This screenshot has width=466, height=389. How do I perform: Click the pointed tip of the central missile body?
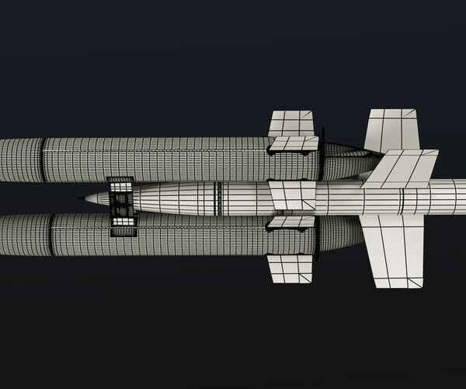pos(82,198)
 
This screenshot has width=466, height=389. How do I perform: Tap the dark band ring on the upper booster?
pos(43,159)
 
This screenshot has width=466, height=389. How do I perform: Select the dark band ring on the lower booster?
pos(50,235)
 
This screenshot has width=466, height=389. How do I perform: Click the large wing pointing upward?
pos(391,128)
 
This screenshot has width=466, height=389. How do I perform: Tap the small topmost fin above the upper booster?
pos(291,122)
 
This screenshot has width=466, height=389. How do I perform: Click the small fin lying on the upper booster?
pos(294,144)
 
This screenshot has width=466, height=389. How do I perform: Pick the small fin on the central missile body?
pos(291,194)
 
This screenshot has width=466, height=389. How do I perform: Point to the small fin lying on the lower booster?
pos(291,223)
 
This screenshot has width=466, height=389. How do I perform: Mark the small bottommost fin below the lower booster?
pos(290,268)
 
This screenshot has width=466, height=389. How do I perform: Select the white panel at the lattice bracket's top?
pos(120,184)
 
